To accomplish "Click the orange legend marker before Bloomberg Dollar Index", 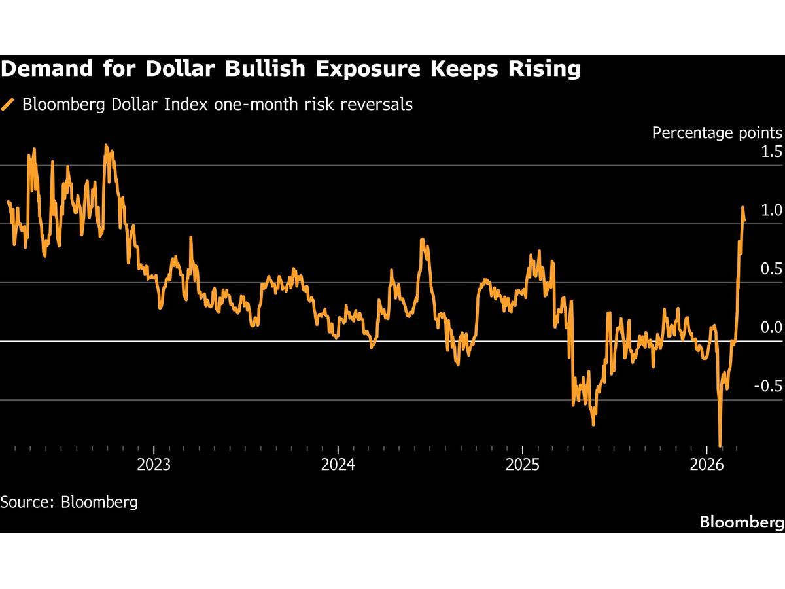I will tap(9, 105).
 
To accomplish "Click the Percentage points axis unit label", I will tap(717, 133).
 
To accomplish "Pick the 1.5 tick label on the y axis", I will tap(770, 152).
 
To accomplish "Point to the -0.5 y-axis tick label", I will tap(767, 386).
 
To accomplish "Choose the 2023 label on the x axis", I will tap(153, 466).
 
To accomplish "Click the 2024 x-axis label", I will tap(338, 466).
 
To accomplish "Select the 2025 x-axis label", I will tap(523, 466).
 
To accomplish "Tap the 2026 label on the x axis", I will tap(707, 466).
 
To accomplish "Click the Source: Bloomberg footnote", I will tap(69, 502).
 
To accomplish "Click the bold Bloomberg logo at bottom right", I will tap(741, 522).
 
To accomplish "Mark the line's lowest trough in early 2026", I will tap(720, 446).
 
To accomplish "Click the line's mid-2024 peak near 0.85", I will tap(423, 240).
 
